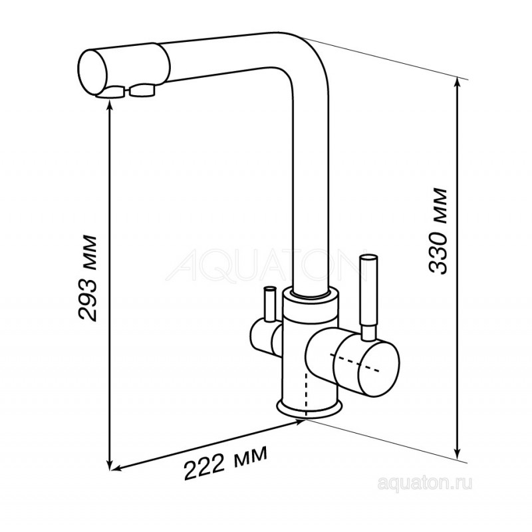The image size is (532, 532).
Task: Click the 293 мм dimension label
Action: [x=88, y=277]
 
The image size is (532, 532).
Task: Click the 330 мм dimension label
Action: [x=437, y=231]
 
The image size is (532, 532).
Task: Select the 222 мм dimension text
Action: [x=225, y=462]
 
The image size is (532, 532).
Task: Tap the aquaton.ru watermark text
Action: [x=424, y=483]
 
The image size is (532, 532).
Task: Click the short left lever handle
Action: [x=270, y=304]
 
